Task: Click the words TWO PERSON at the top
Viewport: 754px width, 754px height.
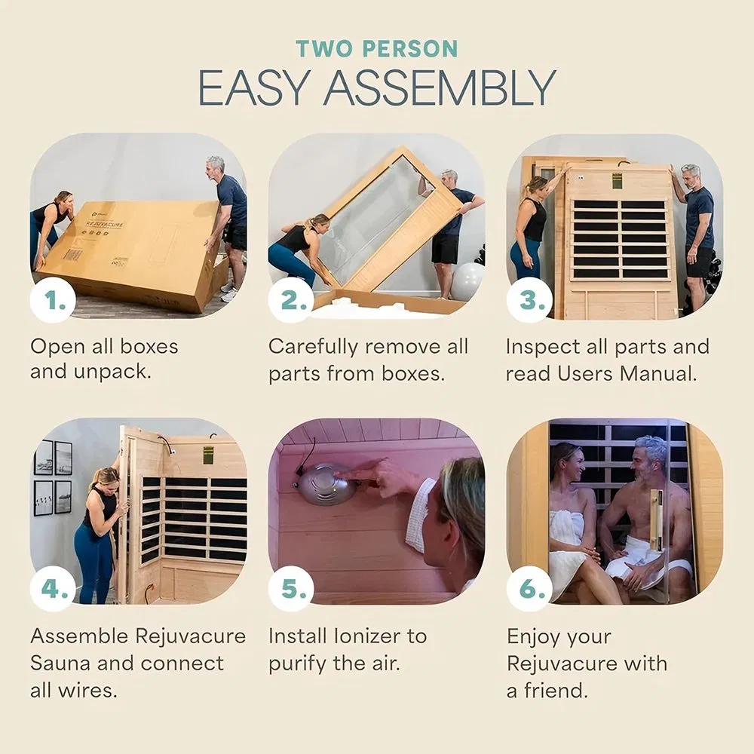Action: (377, 49)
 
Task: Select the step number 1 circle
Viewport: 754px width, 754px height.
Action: (53, 301)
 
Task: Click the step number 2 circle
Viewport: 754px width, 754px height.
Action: (291, 301)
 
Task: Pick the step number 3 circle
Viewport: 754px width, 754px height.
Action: (529, 301)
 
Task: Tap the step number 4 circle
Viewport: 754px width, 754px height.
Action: (53, 588)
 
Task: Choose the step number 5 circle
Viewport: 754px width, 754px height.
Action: (291, 588)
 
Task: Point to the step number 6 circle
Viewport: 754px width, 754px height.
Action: (529, 588)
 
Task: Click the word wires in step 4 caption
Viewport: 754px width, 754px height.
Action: (87, 691)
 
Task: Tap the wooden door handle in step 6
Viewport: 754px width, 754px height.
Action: (655, 520)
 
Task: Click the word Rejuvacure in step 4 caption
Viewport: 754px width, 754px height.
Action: (190, 636)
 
